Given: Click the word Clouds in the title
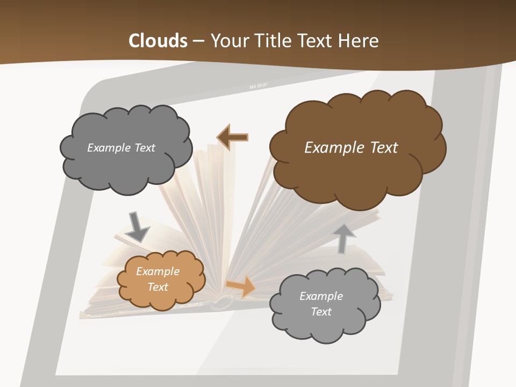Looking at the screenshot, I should point(158,40).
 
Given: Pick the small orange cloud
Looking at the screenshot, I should point(161,279).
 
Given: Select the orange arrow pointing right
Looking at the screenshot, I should point(241,286).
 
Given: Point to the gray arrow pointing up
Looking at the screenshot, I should point(344,238).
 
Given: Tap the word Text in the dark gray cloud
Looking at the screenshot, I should point(144,148).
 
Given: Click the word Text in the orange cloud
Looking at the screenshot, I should point(157,287).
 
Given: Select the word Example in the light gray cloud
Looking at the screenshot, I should point(321,296).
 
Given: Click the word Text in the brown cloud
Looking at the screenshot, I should point(383,147).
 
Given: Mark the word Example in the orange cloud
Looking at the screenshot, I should point(157,271).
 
